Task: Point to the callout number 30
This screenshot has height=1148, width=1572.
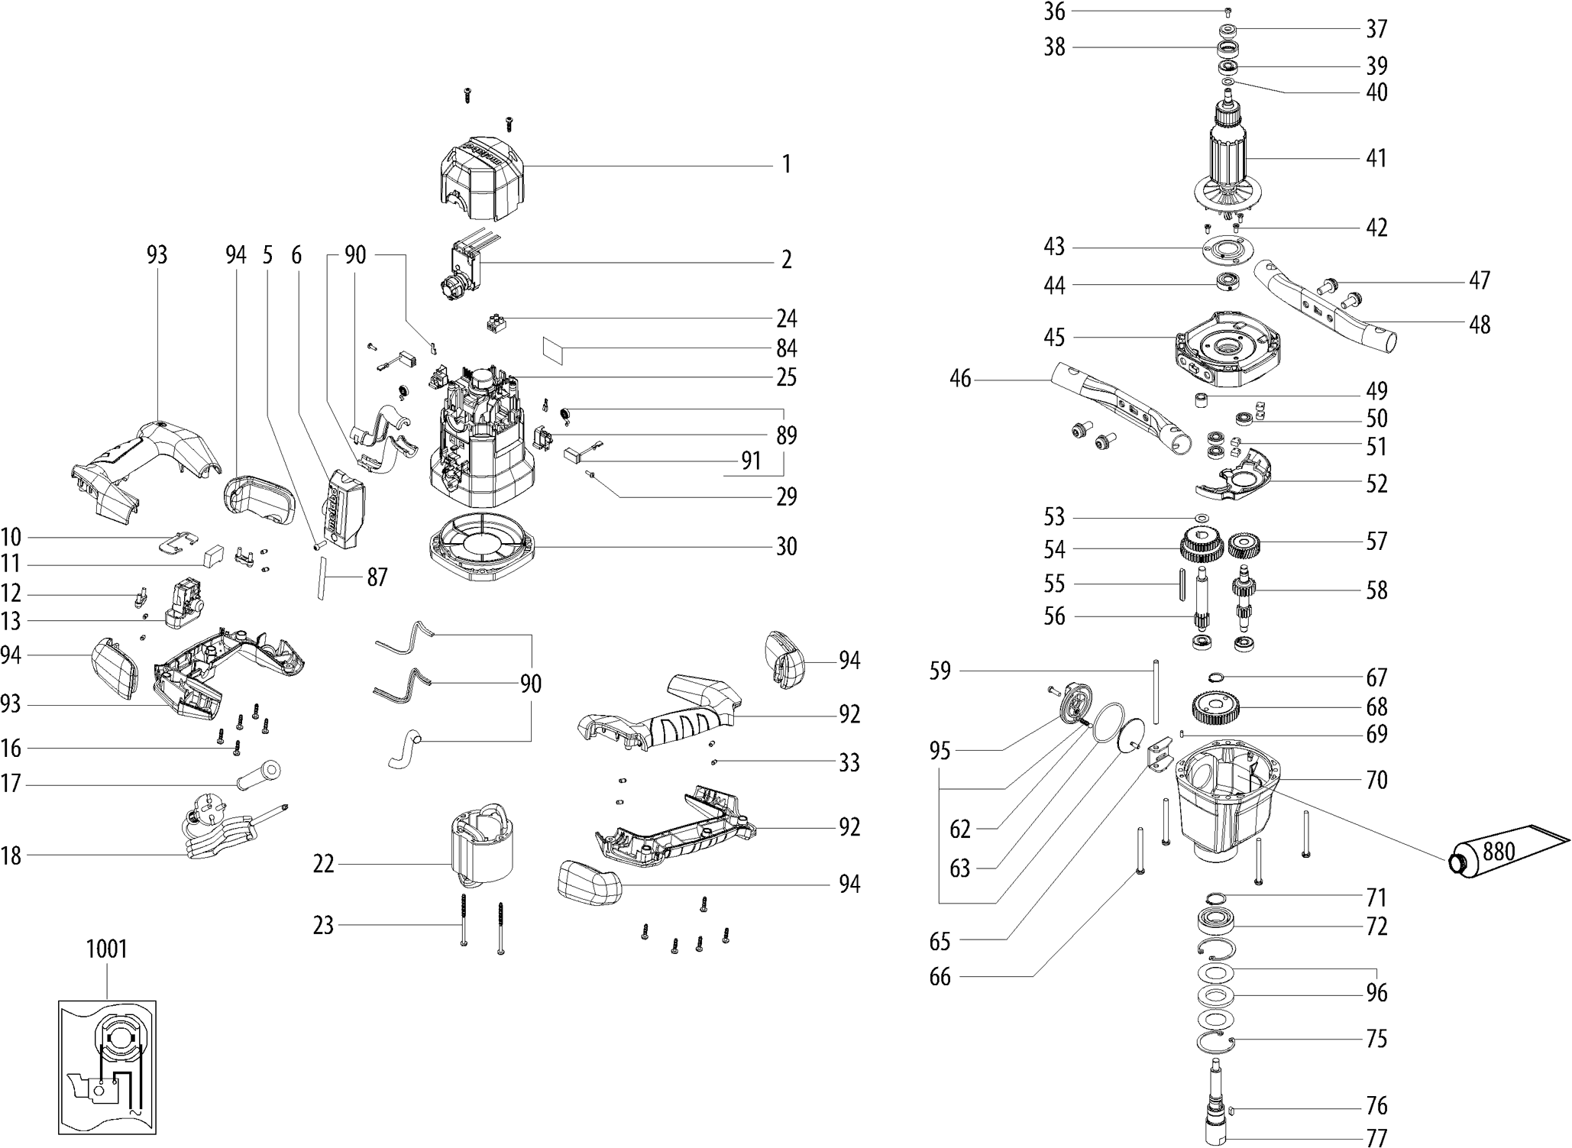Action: click(x=786, y=546)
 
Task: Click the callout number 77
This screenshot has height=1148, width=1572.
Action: click(x=1376, y=1137)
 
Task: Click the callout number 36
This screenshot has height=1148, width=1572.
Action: click(x=1054, y=11)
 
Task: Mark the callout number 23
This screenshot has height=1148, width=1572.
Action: click(x=324, y=925)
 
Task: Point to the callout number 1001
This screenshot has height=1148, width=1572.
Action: click(x=106, y=949)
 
